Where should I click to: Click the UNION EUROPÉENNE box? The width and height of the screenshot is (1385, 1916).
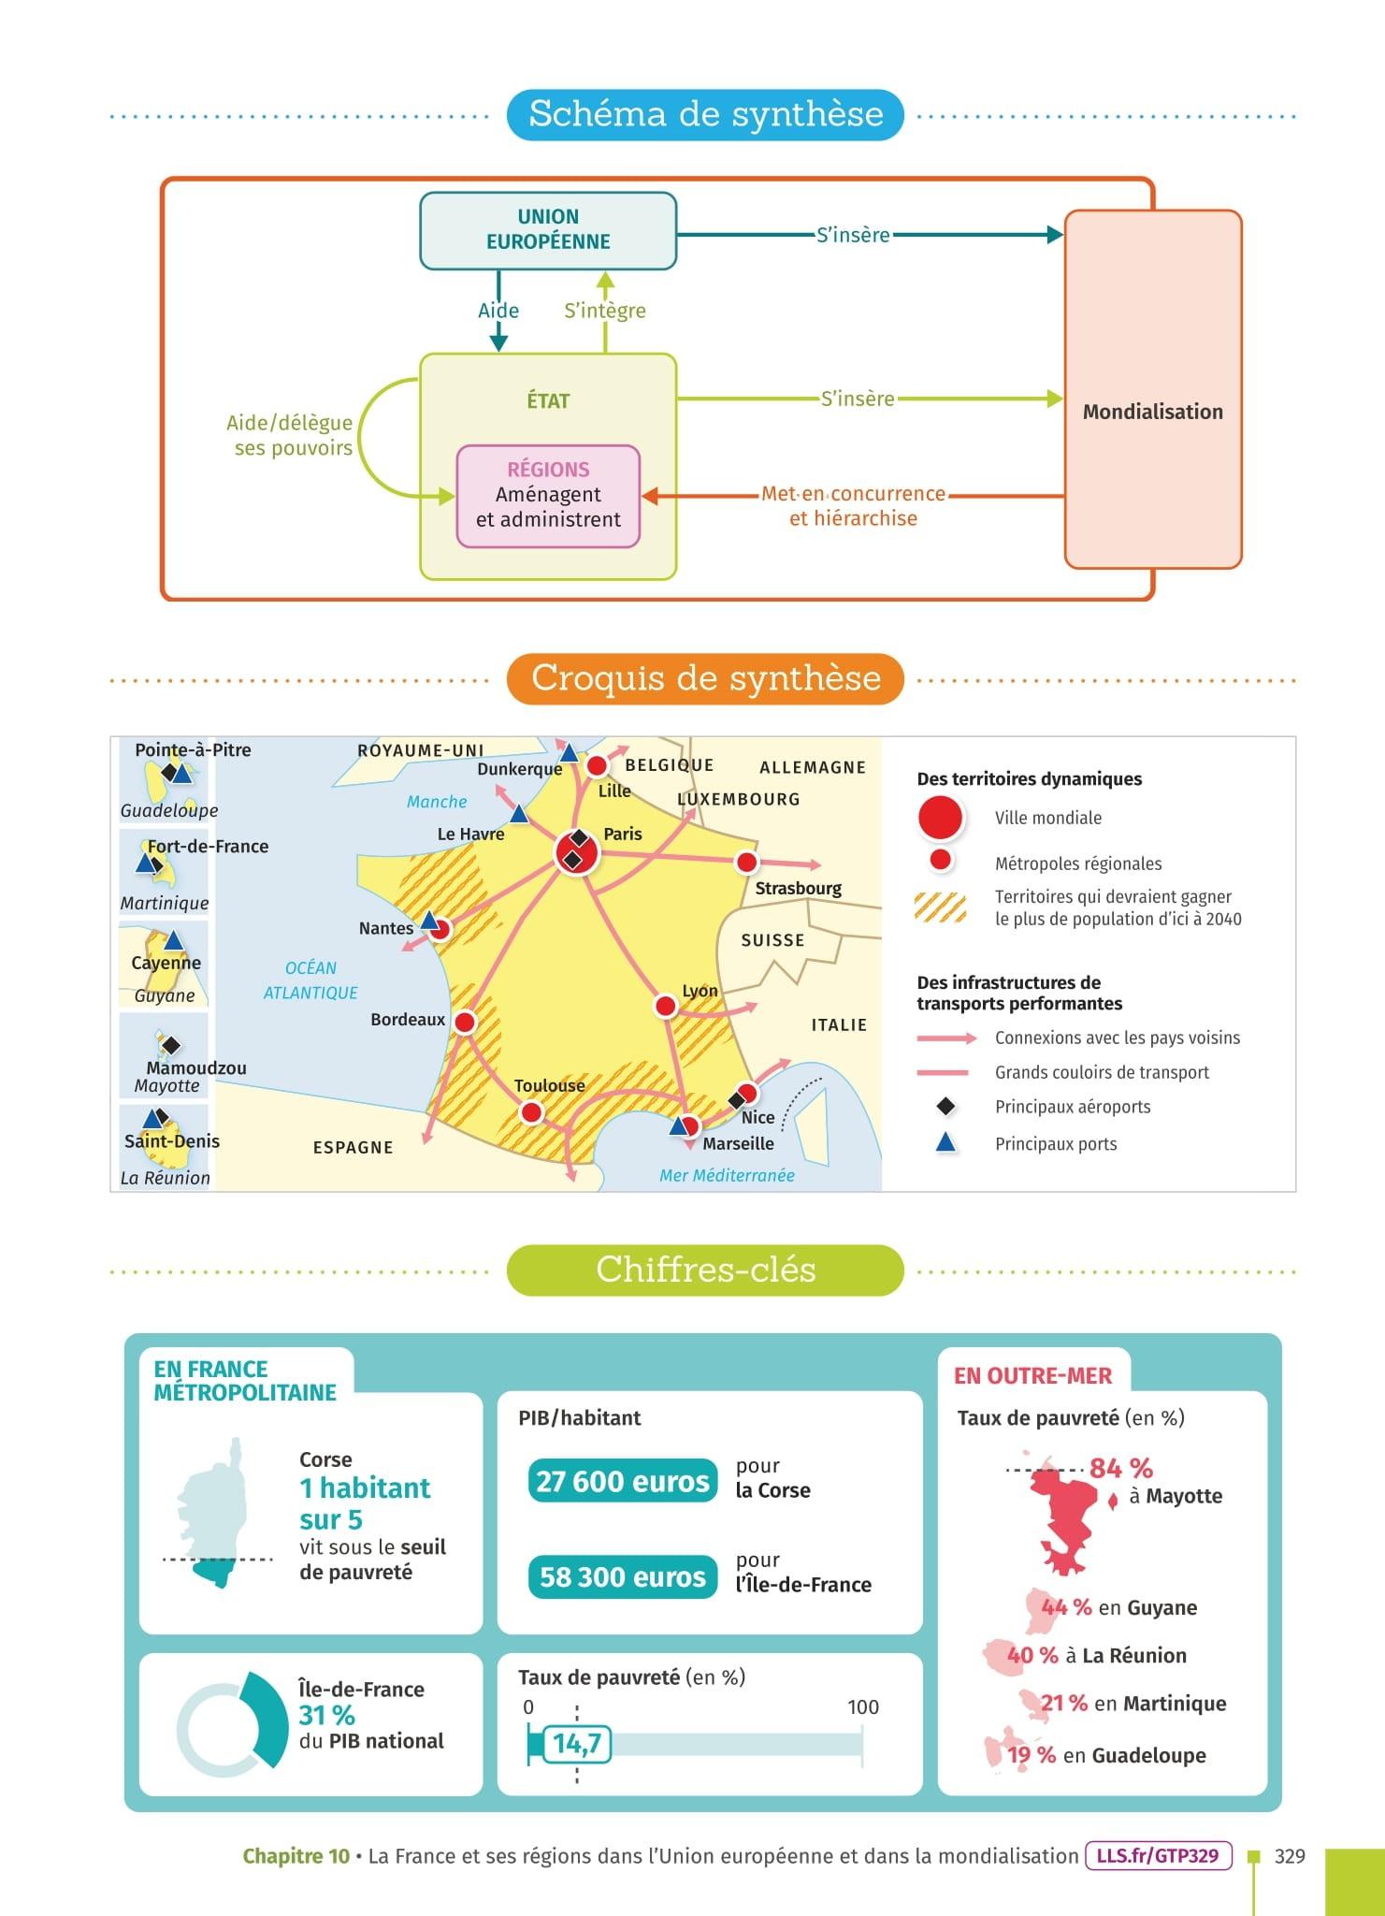[x=548, y=230]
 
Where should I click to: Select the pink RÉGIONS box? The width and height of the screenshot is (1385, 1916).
[x=548, y=496]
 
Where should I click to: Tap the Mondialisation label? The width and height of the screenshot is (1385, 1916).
[x=1152, y=412]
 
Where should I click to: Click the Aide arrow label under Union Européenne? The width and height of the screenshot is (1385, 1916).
[x=498, y=311]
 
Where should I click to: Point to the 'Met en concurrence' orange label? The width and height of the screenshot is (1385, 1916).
[x=853, y=494]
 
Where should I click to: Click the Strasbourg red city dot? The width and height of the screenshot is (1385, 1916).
[x=746, y=862]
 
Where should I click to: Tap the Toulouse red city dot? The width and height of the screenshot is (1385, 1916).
[x=531, y=1112]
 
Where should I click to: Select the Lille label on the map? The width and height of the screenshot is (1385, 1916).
[x=614, y=791]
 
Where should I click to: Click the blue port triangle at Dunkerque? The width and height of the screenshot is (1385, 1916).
[x=569, y=752]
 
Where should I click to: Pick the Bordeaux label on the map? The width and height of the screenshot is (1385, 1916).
[x=408, y=1019]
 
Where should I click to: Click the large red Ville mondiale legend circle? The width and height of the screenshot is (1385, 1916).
[x=941, y=818]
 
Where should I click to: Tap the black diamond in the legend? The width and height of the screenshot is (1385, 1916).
[x=945, y=1107]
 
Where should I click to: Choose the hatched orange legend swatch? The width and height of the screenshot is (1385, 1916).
[x=941, y=907]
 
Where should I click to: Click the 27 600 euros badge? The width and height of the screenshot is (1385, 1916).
[x=623, y=1482]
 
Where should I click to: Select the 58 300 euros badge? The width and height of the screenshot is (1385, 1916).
[x=623, y=1576]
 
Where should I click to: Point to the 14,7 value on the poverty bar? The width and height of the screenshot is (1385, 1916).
[x=577, y=1744]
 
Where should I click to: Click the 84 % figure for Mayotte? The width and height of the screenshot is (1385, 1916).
[x=1120, y=1468]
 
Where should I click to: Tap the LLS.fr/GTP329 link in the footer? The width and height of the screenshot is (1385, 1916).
[x=1158, y=1855]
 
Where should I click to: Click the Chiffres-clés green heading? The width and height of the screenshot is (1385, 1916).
[x=705, y=1270]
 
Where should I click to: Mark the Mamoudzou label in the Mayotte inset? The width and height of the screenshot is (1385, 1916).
[x=196, y=1067]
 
